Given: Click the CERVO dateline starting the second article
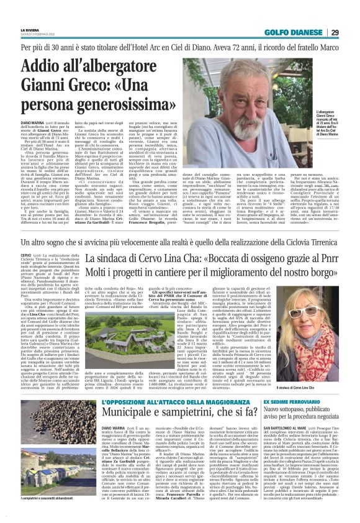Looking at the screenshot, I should tap(25, 256).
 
